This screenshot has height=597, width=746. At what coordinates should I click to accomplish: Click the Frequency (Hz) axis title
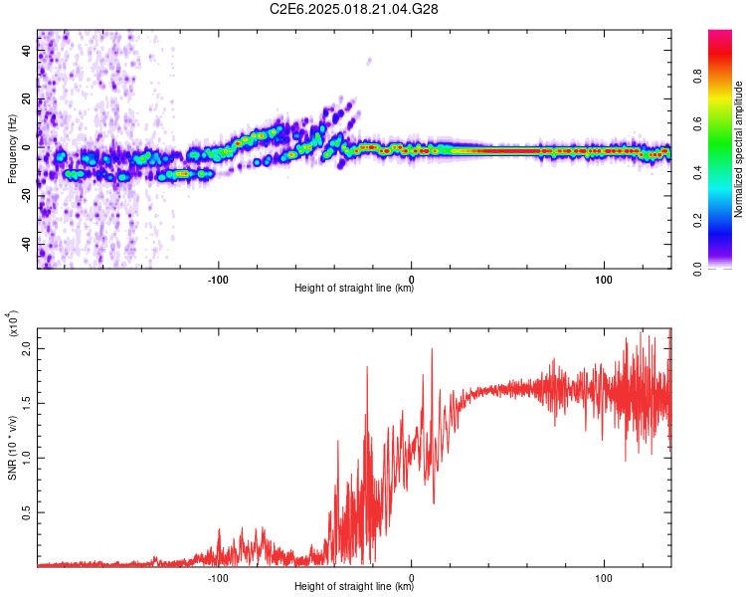(x=12, y=149)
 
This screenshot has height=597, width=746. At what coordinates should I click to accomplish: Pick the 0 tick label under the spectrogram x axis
(x=412, y=278)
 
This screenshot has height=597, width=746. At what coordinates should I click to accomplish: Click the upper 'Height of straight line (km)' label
(x=354, y=290)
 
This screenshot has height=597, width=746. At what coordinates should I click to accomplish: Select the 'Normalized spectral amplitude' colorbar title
(x=739, y=149)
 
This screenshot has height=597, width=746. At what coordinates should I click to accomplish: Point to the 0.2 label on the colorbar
(x=724, y=221)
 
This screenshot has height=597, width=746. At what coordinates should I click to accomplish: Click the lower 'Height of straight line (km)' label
(x=354, y=588)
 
